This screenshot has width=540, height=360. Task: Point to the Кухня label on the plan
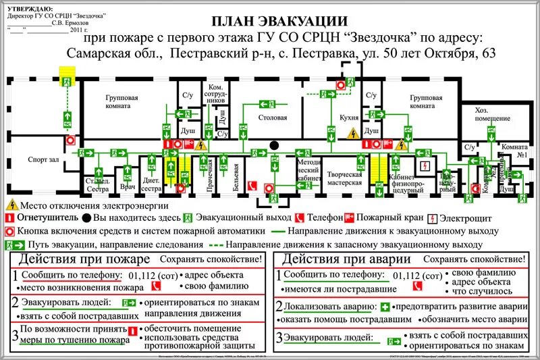point(349,118)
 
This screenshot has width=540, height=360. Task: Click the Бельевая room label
point(236,175)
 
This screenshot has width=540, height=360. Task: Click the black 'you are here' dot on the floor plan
point(274,145)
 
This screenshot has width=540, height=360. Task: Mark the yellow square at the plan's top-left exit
point(67,72)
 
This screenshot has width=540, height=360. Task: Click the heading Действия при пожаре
point(84,259)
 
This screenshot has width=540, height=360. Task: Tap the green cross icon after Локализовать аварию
point(385,306)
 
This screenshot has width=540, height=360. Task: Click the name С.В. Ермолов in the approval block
point(70,22)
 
